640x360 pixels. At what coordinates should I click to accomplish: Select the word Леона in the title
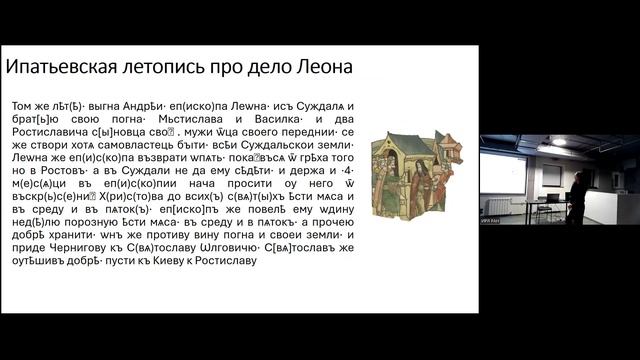[x=321, y=69]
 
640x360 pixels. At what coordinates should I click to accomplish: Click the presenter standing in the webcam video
[x=577, y=197]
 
